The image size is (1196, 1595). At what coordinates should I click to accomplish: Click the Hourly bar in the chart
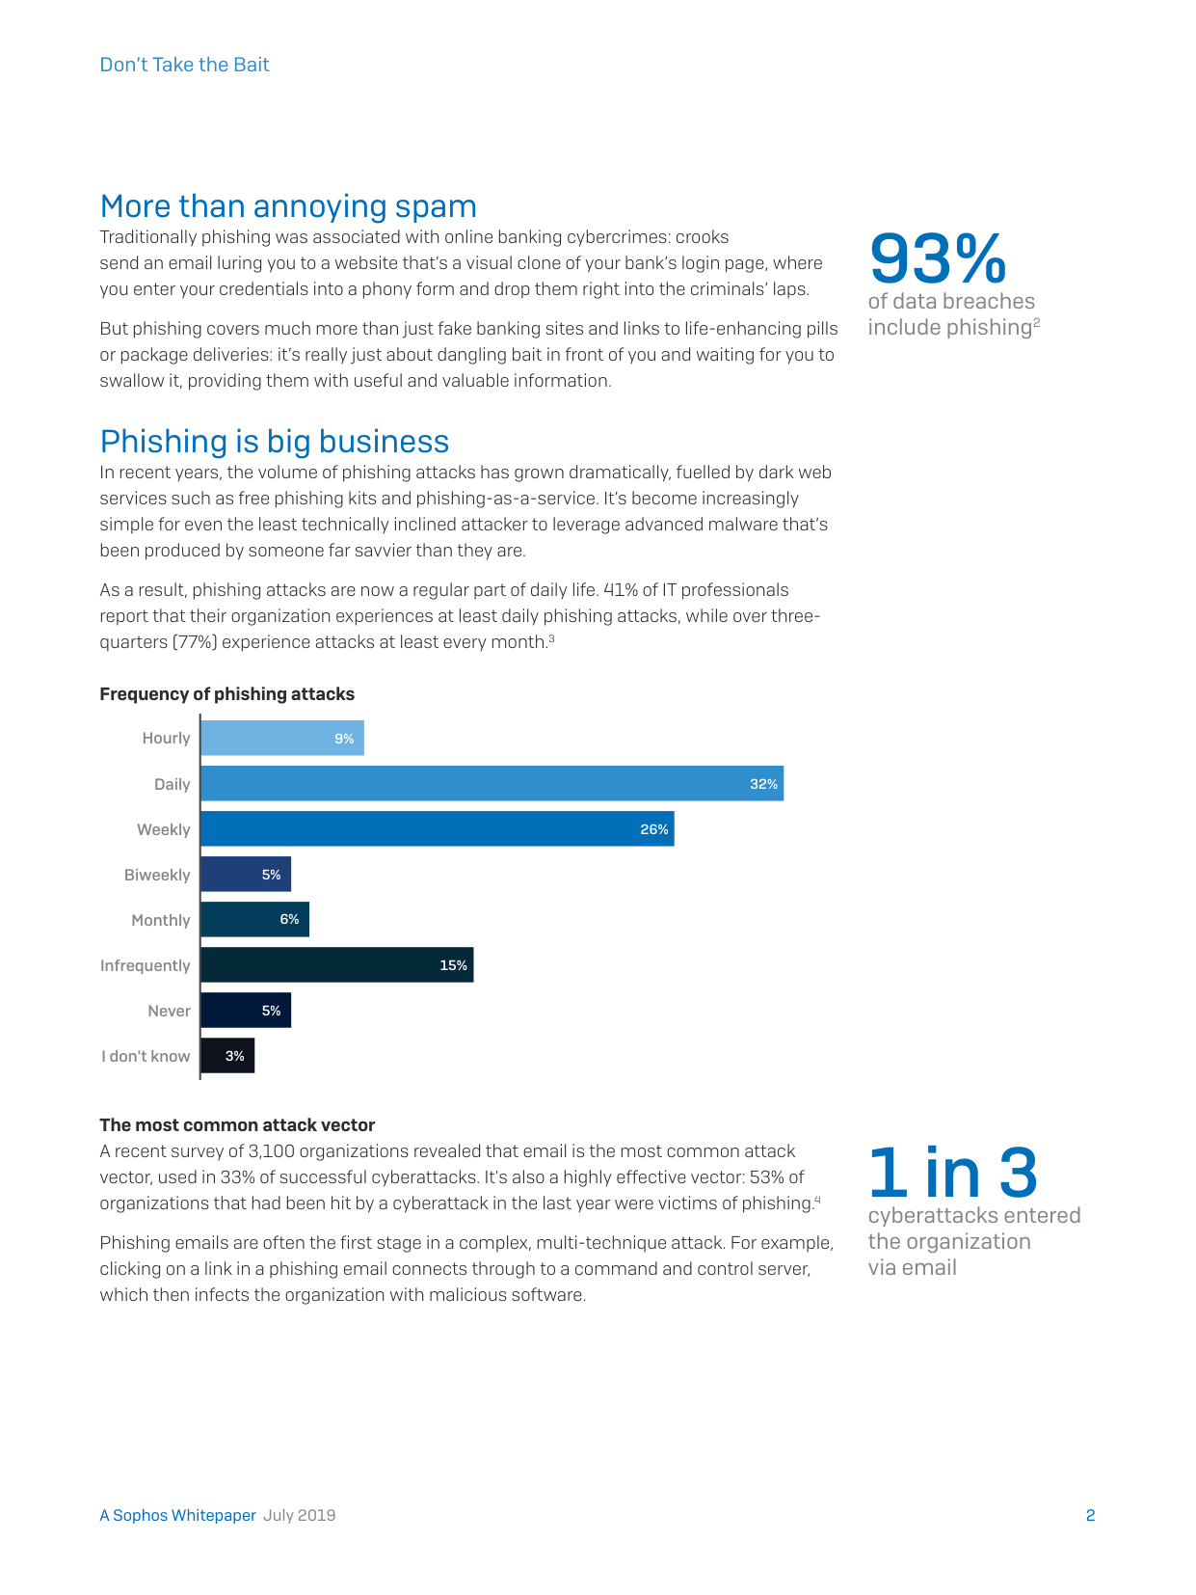pos(282,738)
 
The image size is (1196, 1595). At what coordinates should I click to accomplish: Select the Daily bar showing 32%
pos(492,783)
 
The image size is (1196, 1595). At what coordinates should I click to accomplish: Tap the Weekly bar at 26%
pos(438,828)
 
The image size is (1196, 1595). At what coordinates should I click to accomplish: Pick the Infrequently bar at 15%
pos(337,964)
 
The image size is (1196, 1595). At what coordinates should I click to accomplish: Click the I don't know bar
pos(228,1055)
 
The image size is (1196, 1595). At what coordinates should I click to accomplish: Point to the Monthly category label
pos(161,920)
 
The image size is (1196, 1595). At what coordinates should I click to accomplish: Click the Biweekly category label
pos(157,875)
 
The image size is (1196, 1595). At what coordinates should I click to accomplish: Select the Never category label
pos(170,1011)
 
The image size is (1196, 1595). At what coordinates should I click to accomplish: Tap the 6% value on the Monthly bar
pos(290,919)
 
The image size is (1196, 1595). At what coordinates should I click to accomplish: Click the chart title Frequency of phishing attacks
pos(227,694)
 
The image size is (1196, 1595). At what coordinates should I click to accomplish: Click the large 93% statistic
pos(939,258)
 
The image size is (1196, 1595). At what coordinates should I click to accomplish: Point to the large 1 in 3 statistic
pos(953,1172)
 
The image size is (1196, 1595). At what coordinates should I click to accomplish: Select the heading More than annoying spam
pos(288,206)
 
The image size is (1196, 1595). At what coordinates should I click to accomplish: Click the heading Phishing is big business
pos(275,441)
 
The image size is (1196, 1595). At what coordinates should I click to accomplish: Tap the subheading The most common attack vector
pos(237,1124)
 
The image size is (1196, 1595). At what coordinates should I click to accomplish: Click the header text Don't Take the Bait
pos(184,65)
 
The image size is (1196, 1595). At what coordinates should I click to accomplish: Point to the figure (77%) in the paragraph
pos(195,642)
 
